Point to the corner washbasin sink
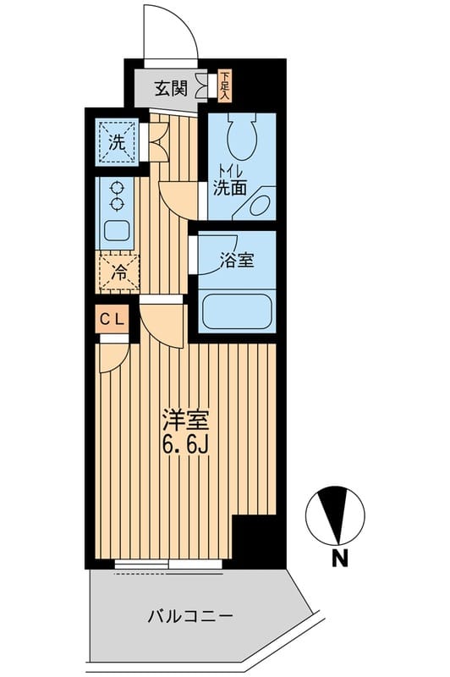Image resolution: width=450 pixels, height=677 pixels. coord(260,206)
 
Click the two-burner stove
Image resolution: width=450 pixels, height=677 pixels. coord(116,197)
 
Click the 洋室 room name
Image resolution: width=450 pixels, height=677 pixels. coord(184,421)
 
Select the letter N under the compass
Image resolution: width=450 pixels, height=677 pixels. coord(339,558)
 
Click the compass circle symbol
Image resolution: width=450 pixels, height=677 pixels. coord(336,515)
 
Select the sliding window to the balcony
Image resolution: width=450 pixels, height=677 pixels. coord(168,563)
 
